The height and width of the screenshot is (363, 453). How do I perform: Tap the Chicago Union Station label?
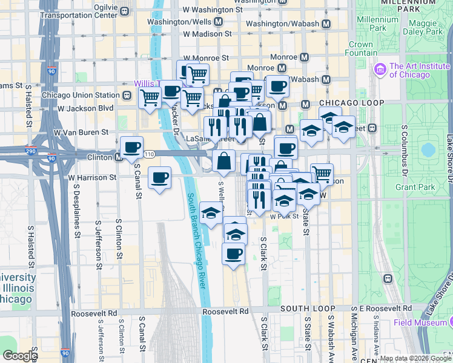(x=81, y=95)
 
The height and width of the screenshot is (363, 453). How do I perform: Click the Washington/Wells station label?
(x=180, y=22)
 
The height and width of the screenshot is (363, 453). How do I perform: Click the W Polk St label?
(x=284, y=215)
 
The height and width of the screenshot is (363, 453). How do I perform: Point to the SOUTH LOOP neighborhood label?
(x=306, y=309)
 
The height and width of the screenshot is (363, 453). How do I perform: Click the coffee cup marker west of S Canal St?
(x=131, y=148)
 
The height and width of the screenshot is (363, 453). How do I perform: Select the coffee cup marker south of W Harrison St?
(x=159, y=178)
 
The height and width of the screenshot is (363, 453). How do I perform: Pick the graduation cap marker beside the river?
(x=210, y=214)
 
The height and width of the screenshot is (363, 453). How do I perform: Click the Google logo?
(x=19, y=356)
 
